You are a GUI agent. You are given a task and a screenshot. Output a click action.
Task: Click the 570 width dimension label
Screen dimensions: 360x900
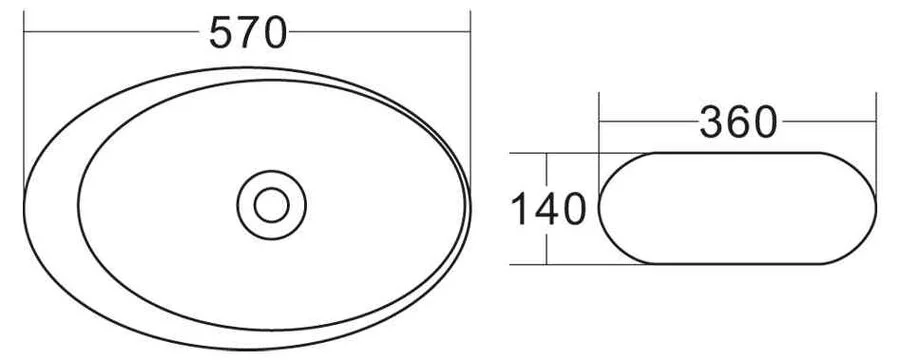pos(248,34)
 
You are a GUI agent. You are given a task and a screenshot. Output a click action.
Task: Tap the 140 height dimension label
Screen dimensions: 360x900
pos(547,210)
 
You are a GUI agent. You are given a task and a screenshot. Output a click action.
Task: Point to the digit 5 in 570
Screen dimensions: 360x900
pos(222,34)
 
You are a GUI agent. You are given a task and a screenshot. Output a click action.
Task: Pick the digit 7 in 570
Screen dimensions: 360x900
pos(248,34)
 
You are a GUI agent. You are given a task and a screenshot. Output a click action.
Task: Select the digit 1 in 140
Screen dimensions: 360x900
pos(520,210)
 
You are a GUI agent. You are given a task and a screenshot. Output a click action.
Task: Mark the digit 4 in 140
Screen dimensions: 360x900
pos(545,210)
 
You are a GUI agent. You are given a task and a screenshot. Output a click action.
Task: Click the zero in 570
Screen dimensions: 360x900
pos(274,34)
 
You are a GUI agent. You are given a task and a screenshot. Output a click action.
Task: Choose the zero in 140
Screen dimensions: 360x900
pos(572,210)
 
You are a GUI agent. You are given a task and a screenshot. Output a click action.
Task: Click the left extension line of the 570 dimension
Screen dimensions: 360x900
pos(23,100)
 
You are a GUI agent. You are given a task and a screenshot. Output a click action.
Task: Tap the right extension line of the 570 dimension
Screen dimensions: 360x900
pos(469,100)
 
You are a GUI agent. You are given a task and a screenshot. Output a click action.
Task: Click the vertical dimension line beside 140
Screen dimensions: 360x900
pos(547,170)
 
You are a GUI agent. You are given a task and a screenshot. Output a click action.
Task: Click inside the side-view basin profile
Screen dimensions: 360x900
pos(737,208)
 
